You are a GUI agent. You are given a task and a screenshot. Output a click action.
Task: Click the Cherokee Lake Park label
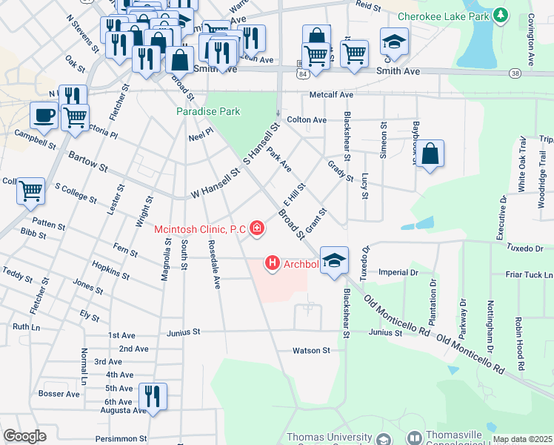[x=444, y=16]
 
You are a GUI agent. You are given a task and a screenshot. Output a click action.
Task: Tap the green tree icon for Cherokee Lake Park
[x=501, y=15]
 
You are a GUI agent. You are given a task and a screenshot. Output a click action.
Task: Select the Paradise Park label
[x=208, y=111]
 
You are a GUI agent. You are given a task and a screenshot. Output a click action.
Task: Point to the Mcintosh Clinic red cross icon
[x=257, y=228]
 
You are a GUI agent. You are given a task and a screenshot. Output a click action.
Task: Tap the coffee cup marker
[x=43, y=115]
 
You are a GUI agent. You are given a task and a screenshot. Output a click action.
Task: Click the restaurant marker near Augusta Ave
[x=153, y=395]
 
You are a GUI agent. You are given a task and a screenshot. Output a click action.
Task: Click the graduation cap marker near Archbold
[x=335, y=260]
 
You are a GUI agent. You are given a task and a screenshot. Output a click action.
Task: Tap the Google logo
[x=25, y=436]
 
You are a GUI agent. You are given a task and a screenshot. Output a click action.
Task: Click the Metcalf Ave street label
[x=331, y=95]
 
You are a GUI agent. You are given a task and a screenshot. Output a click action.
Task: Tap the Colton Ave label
[x=306, y=119]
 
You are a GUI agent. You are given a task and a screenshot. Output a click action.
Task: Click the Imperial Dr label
[x=398, y=272]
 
